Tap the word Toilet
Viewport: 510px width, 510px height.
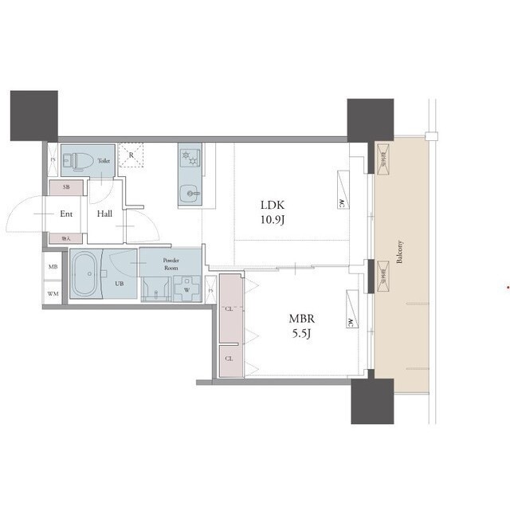tap(104, 161)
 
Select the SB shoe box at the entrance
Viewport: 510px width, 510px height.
tap(66, 187)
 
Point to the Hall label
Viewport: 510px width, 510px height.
tap(104, 214)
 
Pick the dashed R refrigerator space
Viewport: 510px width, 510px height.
tap(132, 156)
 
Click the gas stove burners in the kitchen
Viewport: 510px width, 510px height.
tap(189, 158)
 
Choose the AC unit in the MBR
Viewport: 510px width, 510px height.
tap(350, 323)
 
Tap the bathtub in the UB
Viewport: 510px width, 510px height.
tap(84, 275)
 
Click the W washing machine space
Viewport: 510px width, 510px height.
tap(187, 289)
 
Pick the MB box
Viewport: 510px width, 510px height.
tap(53, 268)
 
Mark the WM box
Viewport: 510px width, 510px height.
tap(53, 294)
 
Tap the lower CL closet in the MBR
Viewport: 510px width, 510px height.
tap(229, 359)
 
